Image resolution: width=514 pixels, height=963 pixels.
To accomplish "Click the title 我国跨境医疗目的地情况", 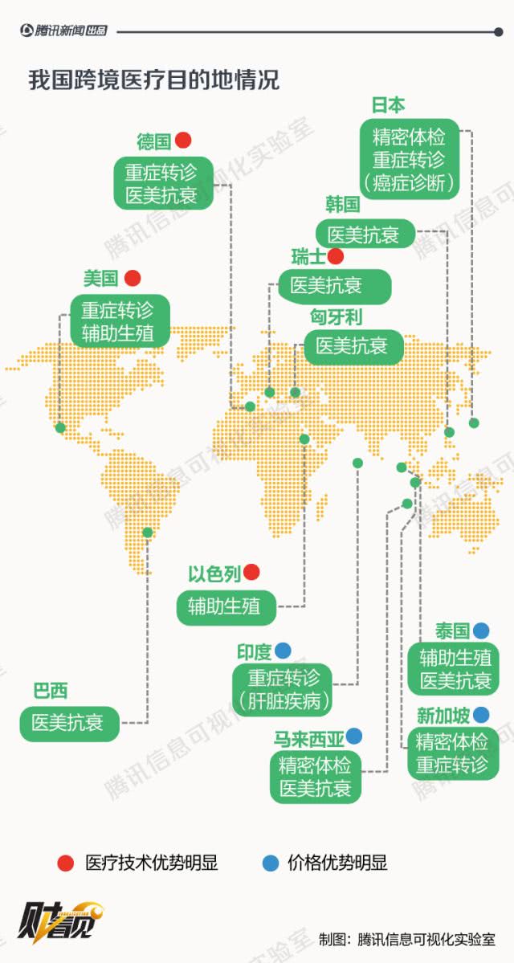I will coord(153,81).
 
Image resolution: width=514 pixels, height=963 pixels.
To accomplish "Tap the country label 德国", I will coord(153,142).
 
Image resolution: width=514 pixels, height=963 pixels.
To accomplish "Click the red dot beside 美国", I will coord(133,279).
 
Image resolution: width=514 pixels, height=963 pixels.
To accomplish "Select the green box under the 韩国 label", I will coord(363,235).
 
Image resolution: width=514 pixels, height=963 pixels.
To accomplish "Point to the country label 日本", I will coord(388,105).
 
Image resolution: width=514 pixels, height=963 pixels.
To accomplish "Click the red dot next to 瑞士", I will coord(336,256).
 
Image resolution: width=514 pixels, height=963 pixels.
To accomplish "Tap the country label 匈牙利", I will coord(336,316).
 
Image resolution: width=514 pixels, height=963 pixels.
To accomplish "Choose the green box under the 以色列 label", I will coord(225,606).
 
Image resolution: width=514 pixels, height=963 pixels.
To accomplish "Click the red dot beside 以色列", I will coord(251,572).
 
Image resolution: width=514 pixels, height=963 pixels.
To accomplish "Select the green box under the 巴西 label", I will coord(68,722).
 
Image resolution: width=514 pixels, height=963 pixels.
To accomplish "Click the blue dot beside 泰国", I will coord(481,630).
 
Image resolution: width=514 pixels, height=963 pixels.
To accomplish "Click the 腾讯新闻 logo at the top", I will coord(63,31).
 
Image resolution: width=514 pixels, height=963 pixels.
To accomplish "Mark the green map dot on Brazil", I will coord(147,532).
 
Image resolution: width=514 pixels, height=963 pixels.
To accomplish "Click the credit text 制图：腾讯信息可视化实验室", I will coord(406,939).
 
